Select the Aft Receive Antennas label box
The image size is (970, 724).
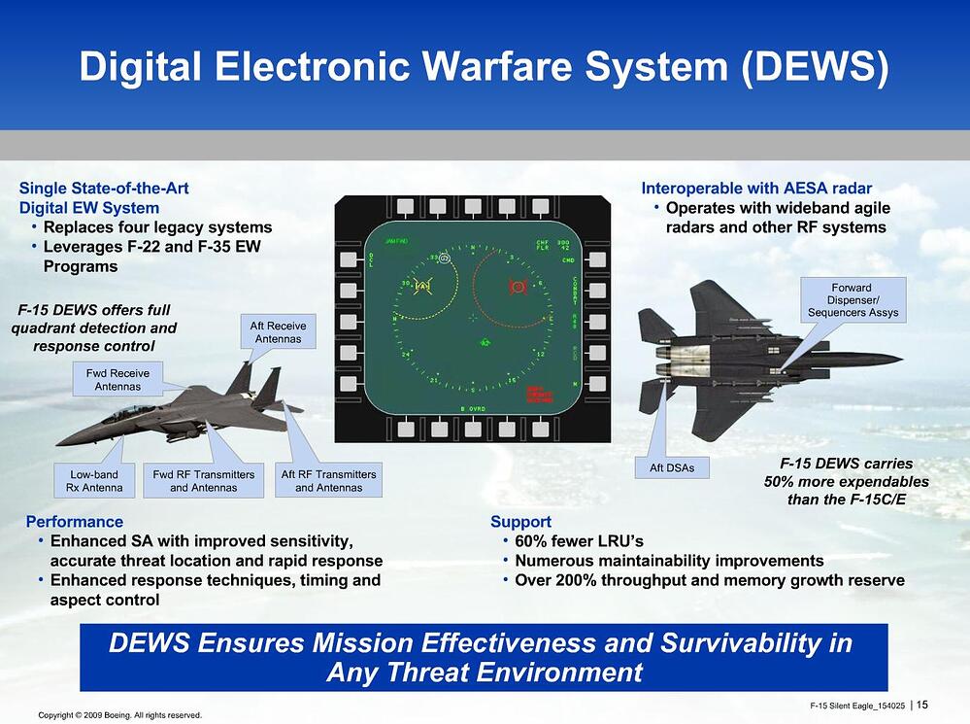click(278, 332)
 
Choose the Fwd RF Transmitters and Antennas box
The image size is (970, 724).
click(204, 480)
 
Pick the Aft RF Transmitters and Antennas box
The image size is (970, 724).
click(328, 480)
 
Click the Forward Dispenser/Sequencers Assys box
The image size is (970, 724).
click(853, 300)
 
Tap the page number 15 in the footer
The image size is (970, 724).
click(921, 705)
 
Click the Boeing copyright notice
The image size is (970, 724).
click(119, 715)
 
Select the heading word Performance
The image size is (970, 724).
click(75, 522)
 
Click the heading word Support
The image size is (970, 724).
click(520, 522)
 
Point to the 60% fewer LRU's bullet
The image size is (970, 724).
click(579, 541)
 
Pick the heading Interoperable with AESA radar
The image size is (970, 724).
click(756, 188)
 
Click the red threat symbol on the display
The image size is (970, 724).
click(518, 287)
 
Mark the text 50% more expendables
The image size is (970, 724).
click(847, 482)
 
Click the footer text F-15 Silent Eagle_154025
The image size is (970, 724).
click(856, 705)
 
